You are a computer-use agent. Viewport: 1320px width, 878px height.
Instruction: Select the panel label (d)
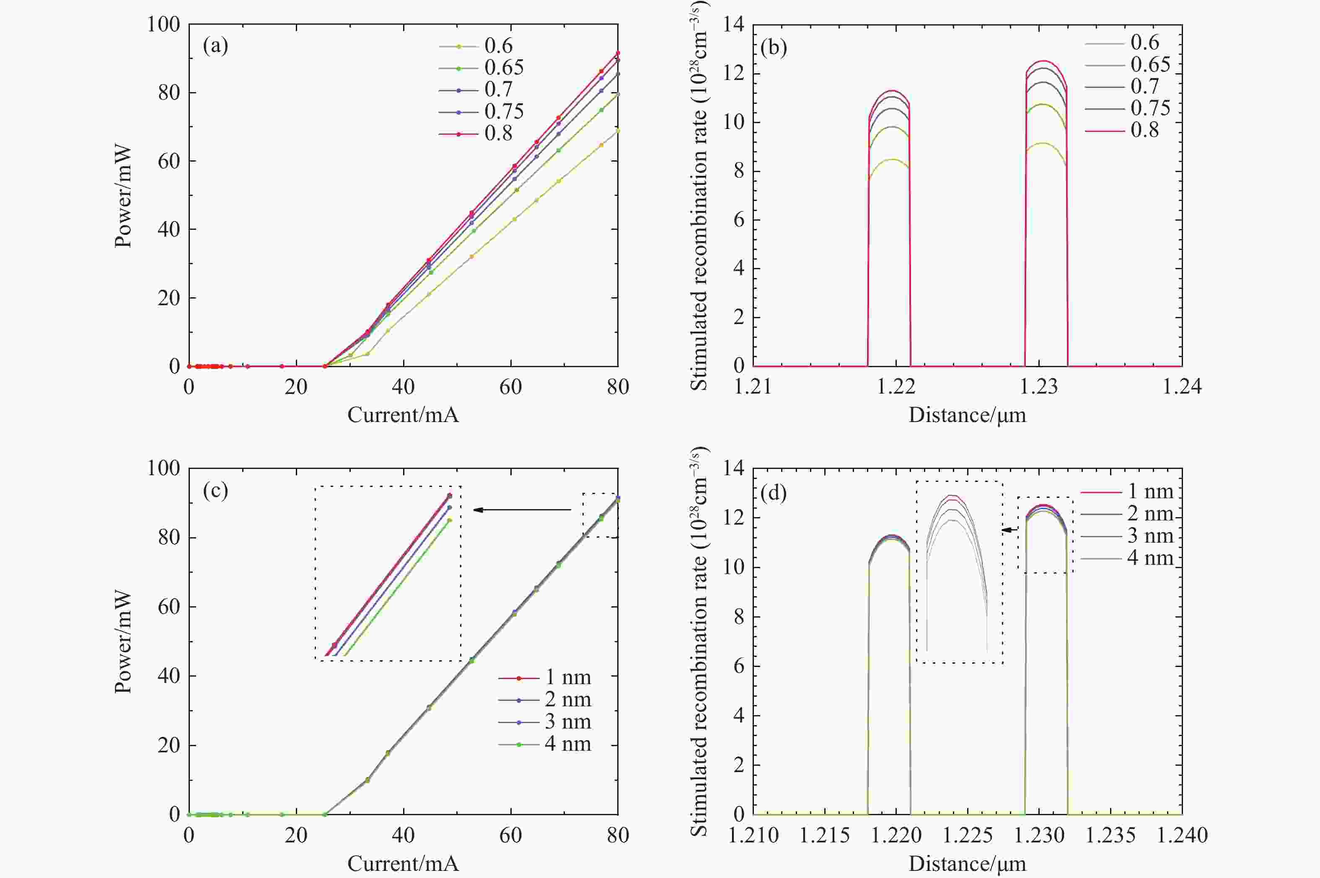[773, 493]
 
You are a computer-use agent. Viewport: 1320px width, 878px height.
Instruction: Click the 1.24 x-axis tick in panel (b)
[1182, 387]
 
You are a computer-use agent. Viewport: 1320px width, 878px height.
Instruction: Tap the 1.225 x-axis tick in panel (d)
[968, 835]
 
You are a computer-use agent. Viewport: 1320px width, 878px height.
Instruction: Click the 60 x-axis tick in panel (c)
[510, 835]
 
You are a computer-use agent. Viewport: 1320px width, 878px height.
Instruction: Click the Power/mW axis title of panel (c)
[123, 642]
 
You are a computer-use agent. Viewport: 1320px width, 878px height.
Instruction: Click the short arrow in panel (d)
[1010, 530]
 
